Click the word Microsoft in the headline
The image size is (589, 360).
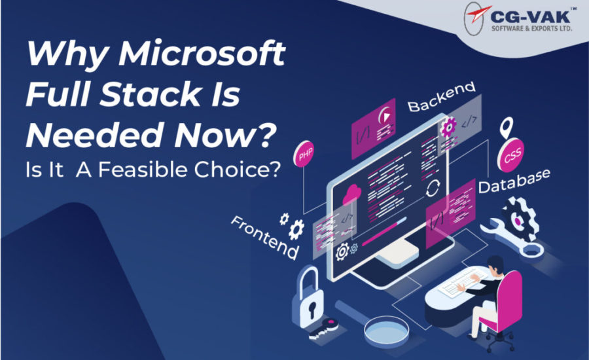click(202, 53)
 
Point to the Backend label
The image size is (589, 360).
click(442, 97)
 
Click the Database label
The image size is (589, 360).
click(514, 181)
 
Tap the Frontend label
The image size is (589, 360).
click(264, 237)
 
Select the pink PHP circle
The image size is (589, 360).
click(304, 154)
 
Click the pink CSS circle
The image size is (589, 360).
click(511, 155)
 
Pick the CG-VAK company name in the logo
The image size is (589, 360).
click(530, 16)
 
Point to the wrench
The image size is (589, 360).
click(512, 238)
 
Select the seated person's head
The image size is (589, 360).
click(495, 265)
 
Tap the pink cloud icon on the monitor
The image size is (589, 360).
click(352, 194)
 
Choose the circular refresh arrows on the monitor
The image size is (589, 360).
click(433, 188)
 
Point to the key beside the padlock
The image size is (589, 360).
click(323, 329)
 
